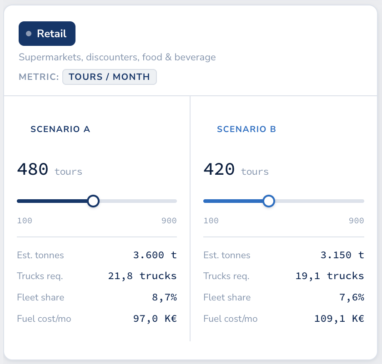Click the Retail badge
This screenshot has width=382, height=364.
[47, 34]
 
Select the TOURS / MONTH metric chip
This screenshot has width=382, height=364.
[109, 77]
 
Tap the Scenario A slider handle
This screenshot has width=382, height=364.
[93, 201]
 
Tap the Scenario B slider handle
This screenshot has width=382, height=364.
[269, 201]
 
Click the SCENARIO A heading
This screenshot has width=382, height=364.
[60, 129]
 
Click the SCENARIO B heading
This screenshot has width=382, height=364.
[246, 129]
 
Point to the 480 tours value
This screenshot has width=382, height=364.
[33, 169]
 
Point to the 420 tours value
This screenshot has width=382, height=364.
[219, 169]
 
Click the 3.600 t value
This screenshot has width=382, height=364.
[155, 255]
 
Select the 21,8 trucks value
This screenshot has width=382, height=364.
[142, 276]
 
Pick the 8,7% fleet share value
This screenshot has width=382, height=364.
[164, 298]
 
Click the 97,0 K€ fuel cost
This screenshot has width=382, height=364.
[155, 319]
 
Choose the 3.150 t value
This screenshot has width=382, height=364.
[342, 255]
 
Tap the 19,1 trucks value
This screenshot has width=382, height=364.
[330, 276]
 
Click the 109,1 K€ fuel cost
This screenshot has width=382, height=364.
[339, 319]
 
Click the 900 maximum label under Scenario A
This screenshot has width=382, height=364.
[169, 221]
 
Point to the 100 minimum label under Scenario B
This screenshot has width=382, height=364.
[211, 221]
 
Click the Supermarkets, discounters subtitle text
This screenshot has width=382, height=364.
[117, 58]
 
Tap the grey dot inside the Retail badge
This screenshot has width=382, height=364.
[29, 34]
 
